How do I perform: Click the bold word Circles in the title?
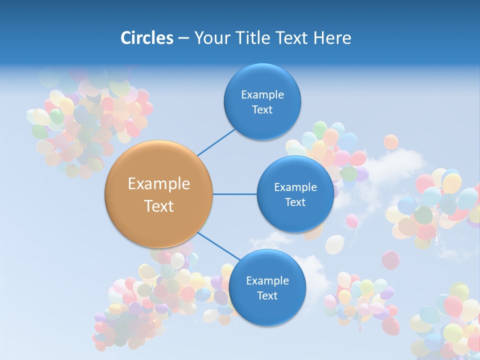pos(146,38)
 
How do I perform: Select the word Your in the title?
pos(209,38)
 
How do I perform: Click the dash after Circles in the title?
pos(183,38)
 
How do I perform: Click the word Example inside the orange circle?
pos(158,184)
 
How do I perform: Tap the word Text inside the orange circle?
pos(158,206)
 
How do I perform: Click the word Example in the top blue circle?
pos(262,94)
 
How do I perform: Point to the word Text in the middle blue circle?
pos(295,202)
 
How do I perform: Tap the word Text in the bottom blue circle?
pos(267,295)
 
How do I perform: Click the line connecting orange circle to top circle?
pos(216,142)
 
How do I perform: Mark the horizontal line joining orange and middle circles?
pos(234,194)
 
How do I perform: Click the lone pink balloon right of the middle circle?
pos(352,221)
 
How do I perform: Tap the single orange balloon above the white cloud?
pos(391,142)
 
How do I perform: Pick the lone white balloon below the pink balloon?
pos(334,244)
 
